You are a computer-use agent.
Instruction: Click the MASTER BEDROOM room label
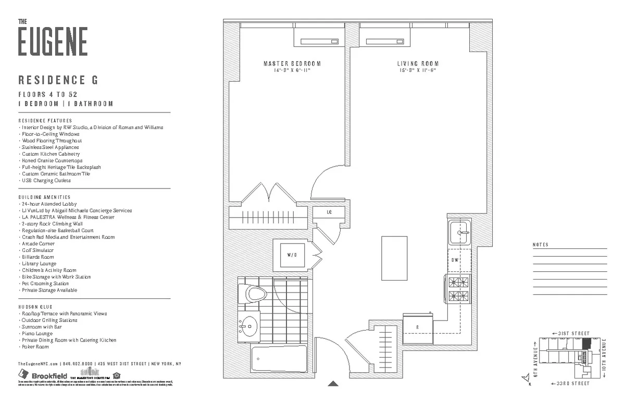click(292, 64)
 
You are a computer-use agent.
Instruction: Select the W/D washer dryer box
click(292, 255)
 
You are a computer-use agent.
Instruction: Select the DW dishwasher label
click(455, 260)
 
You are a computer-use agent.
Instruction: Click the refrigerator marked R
click(418, 326)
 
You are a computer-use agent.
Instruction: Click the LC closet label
click(329, 212)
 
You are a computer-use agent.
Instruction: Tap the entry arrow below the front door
click(333, 384)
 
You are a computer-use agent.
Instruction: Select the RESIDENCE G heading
click(58, 80)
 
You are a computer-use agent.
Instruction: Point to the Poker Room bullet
click(35, 347)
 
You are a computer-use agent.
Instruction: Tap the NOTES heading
click(540, 245)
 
